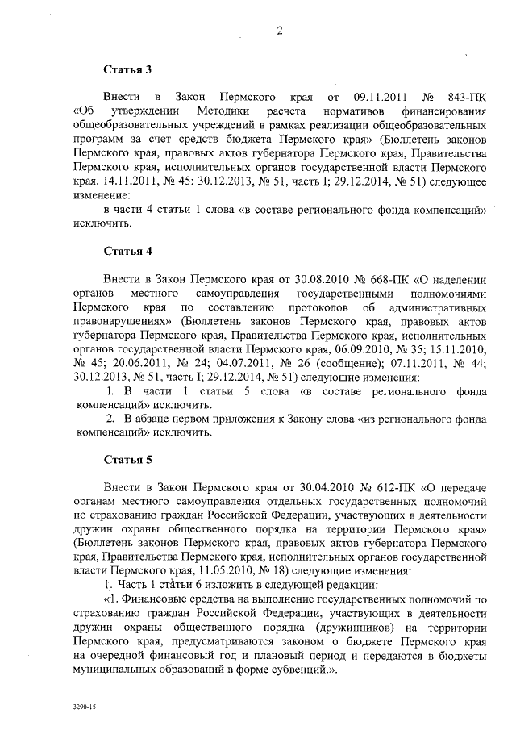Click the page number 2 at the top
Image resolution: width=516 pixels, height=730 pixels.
279,31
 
